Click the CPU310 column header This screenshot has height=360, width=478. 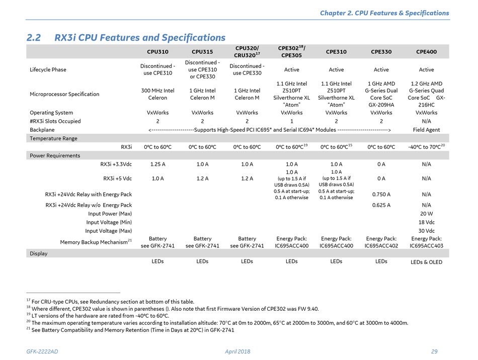(x=157, y=52)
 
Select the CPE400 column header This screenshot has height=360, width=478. (x=426, y=52)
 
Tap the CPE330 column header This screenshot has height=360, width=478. (x=381, y=52)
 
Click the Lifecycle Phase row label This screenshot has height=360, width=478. (x=48, y=70)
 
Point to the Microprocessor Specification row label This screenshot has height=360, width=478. (x=64, y=94)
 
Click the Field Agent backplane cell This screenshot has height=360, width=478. (x=426, y=130)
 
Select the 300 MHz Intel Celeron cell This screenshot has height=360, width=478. (x=157, y=94)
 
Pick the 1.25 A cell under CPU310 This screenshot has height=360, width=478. (x=157, y=164)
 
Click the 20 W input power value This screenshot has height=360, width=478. (x=426, y=214)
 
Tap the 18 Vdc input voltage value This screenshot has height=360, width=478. (x=426, y=222)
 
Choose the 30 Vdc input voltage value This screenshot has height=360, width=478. (x=426, y=231)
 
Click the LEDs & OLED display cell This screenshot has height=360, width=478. (x=426, y=262)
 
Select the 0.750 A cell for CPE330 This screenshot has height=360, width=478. (x=381, y=194)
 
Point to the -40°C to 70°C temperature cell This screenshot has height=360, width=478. (x=426, y=147)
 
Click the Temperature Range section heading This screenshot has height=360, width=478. (x=53, y=139)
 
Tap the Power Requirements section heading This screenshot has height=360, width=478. (x=55, y=156)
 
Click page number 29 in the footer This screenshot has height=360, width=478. (x=434, y=351)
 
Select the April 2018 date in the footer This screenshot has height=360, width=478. (x=237, y=351)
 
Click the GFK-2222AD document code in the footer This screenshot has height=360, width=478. (x=42, y=351)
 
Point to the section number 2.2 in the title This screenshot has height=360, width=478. (x=34, y=38)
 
